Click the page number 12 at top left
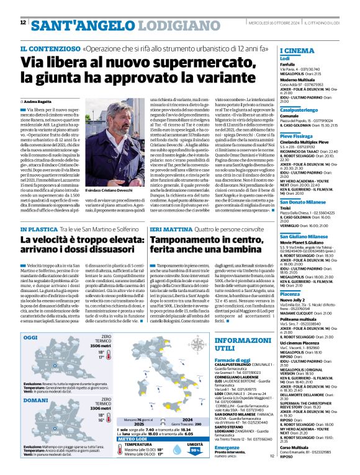point(23,23)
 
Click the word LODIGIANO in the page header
point(163,25)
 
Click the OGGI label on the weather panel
point(30,338)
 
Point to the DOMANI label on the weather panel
point(33,400)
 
